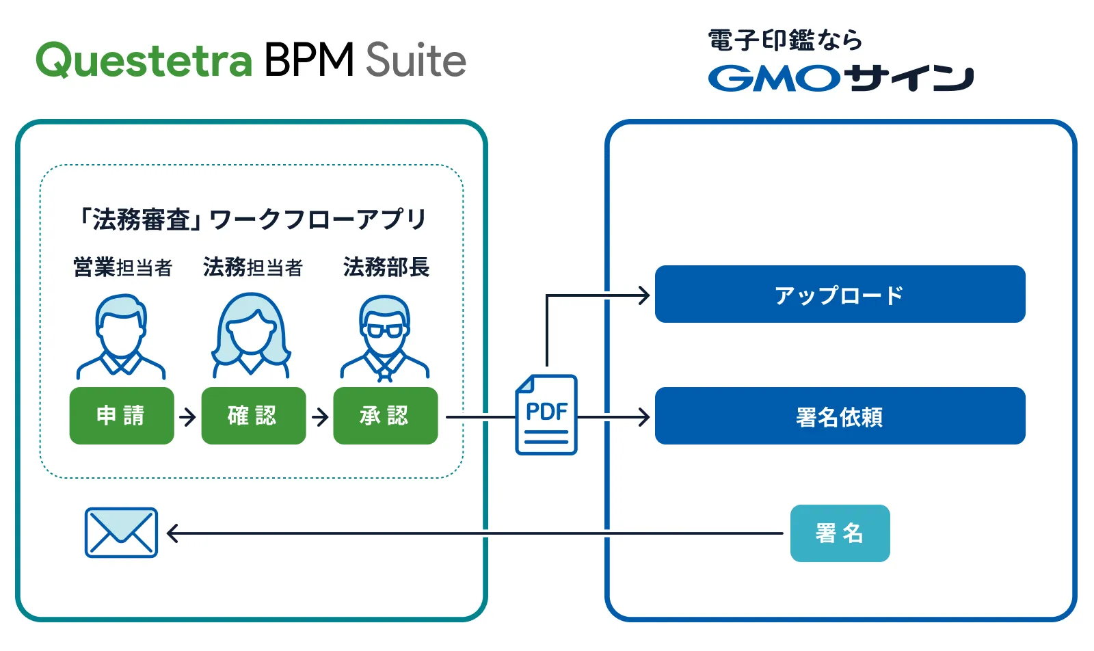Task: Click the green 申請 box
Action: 122,416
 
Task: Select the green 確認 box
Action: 253,416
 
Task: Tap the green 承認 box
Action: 385,416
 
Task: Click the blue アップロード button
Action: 840,295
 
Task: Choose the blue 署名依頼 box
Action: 840,416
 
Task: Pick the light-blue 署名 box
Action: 840,533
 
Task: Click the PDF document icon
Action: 546,414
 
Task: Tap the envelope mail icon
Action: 121,533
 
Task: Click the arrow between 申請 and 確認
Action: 187,416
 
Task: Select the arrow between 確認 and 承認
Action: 319,416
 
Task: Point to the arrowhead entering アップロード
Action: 643,295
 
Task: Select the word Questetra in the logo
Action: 144,60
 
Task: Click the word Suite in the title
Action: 416,60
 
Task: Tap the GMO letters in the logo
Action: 773,79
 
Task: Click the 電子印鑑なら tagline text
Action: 784,40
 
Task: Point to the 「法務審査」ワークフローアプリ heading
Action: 252,220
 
